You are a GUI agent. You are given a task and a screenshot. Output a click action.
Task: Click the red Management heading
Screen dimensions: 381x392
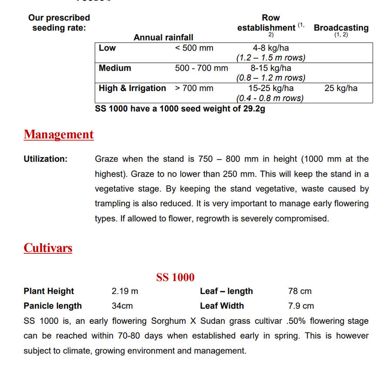coord(59,135)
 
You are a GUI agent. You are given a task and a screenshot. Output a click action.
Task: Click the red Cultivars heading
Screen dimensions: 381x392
coord(48,248)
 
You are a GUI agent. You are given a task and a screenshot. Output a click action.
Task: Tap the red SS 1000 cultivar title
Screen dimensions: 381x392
coord(175,277)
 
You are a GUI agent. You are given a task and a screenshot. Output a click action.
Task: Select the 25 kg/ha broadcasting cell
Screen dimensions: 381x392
coord(341,88)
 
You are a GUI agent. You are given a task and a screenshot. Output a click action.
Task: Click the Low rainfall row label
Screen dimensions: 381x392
coord(107,48)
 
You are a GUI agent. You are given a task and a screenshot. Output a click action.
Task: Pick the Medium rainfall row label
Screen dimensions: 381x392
coord(115,68)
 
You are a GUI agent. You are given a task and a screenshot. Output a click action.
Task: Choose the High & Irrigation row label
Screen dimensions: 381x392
coord(132,88)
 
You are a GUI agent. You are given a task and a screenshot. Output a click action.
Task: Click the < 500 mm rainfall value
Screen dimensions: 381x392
coord(194,48)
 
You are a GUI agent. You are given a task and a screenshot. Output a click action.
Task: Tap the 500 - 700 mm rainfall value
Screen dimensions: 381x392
coord(201,68)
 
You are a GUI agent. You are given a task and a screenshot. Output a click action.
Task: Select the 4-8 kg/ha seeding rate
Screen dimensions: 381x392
coord(271,48)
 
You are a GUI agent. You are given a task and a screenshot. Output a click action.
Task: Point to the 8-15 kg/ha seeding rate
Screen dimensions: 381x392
coord(271,68)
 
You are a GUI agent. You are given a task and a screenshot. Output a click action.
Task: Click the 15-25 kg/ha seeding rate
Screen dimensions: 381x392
coord(271,88)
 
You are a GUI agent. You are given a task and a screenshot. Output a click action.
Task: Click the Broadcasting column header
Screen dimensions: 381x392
coord(341,28)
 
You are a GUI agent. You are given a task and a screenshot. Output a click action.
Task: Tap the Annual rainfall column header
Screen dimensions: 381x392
coord(163,37)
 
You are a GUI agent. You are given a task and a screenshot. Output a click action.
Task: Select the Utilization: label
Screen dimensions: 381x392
coord(46,159)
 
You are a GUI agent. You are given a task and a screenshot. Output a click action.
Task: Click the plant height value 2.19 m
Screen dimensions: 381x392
coord(125,291)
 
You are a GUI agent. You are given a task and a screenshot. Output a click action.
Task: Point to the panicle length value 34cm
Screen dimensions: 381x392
coord(122,306)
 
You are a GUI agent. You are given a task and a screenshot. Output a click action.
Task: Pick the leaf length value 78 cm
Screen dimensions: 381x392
coord(300,291)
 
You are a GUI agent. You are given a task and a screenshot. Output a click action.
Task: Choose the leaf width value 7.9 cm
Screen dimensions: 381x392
coord(301,306)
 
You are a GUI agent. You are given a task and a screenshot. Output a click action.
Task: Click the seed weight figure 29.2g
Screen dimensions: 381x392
coord(254,109)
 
